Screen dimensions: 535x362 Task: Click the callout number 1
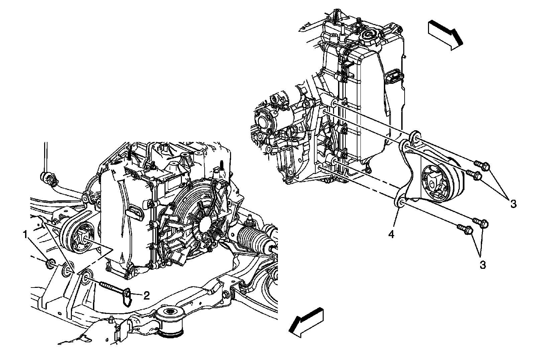tap(25, 235)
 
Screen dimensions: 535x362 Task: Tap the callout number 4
tap(391, 235)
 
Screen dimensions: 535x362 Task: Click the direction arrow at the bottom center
tap(306, 323)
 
